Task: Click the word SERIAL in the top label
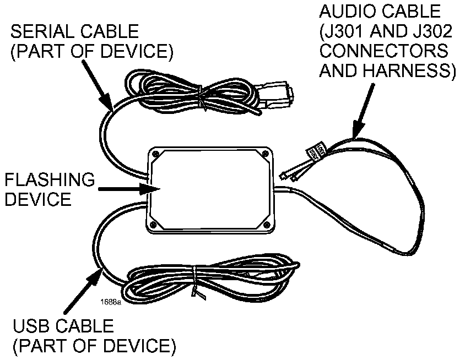tap(37, 31)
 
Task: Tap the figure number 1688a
tap(110, 302)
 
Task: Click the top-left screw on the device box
tap(156, 154)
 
